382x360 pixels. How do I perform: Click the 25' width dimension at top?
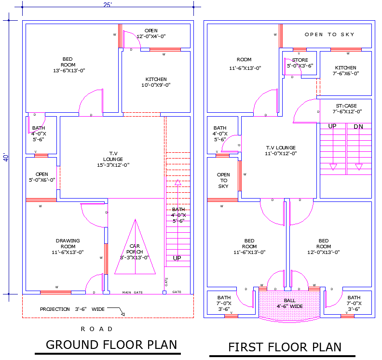[x=107, y=4]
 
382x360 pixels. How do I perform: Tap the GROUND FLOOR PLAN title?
[x=111, y=345]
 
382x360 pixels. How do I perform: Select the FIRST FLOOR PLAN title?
[x=285, y=347]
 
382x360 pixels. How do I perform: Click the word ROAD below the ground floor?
[x=96, y=329]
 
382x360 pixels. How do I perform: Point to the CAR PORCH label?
[x=135, y=252]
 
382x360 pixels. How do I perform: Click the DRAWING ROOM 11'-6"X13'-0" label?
[x=68, y=246]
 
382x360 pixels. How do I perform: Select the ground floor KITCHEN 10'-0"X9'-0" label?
[x=156, y=82]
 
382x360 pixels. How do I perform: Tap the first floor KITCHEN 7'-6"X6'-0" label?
[x=346, y=70]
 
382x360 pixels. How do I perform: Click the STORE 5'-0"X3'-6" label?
[x=300, y=63]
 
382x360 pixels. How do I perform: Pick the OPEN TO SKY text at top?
[x=329, y=35]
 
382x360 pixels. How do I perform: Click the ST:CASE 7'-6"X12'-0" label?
[x=346, y=108]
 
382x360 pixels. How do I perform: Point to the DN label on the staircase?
[x=358, y=127]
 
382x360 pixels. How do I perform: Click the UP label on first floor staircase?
[x=332, y=126]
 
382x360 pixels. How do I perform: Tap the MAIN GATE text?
[x=133, y=292]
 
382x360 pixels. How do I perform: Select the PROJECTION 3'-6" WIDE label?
[x=72, y=309]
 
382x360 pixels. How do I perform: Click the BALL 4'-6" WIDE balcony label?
[x=289, y=303]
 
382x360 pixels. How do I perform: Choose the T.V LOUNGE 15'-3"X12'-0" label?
[x=113, y=159]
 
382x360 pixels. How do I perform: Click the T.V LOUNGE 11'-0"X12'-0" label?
[x=280, y=150]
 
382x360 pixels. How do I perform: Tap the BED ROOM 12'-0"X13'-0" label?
[x=324, y=246]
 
